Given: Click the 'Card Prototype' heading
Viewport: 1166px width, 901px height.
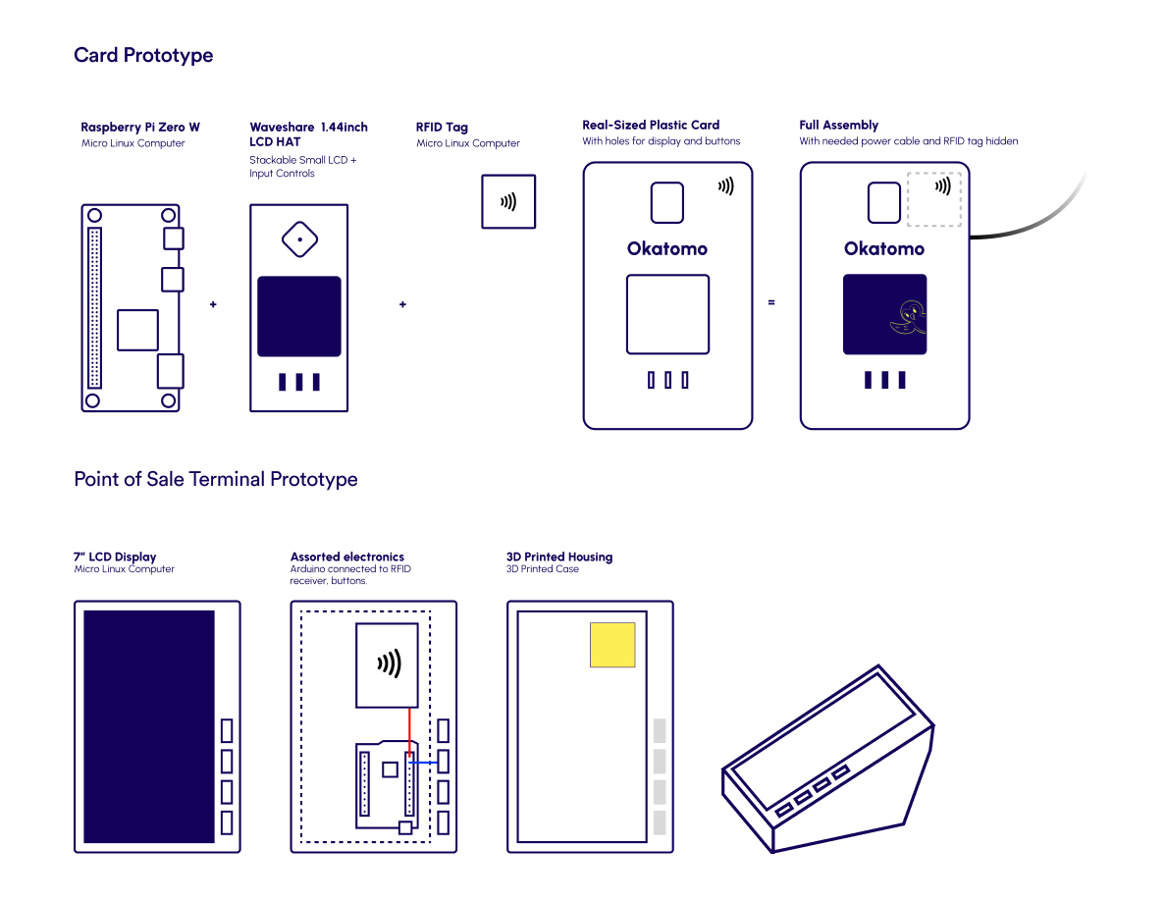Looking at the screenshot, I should pyautogui.click(x=143, y=55).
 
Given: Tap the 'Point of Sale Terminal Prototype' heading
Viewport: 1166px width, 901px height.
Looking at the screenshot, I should pyautogui.click(x=216, y=479).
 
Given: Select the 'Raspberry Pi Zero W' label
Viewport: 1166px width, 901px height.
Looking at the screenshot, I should pyautogui.click(x=140, y=128).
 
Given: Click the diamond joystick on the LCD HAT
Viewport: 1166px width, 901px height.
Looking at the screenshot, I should pyautogui.click(x=299, y=238).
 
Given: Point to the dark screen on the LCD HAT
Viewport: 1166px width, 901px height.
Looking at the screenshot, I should pyautogui.click(x=299, y=316).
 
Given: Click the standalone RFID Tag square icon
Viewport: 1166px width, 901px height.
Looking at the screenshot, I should pyautogui.click(x=508, y=201).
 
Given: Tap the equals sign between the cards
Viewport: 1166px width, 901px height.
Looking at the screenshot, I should pyautogui.click(x=771, y=302).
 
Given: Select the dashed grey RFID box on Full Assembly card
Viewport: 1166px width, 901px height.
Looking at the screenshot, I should pyautogui.click(x=933, y=199).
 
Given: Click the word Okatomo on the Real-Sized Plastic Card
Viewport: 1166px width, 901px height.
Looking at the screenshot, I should pyautogui.click(x=667, y=249).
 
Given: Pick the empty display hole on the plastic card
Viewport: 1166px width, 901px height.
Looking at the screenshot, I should pyautogui.click(x=667, y=314).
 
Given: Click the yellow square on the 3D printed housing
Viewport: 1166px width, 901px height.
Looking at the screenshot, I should pyautogui.click(x=612, y=645).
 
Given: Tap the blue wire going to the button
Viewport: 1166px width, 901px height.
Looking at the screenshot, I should pyautogui.click(x=424, y=761).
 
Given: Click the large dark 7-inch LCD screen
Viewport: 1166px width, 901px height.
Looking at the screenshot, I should pyautogui.click(x=148, y=726).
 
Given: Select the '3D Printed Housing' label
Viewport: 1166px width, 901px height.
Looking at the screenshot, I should pyautogui.click(x=559, y=556).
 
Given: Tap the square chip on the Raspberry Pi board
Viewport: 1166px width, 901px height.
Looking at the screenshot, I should pyautogui.click(x=137, y=330).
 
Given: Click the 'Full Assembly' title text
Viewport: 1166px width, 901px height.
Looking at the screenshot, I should pyautogui.click(x=838, y=125).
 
